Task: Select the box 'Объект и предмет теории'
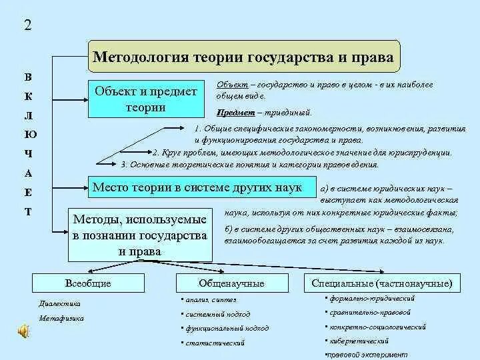146,99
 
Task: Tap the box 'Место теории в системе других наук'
197,187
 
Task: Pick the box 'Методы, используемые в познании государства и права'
140,234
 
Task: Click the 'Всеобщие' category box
88,283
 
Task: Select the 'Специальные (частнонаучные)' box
381,283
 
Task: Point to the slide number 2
27,27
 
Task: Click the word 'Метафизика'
61,318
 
